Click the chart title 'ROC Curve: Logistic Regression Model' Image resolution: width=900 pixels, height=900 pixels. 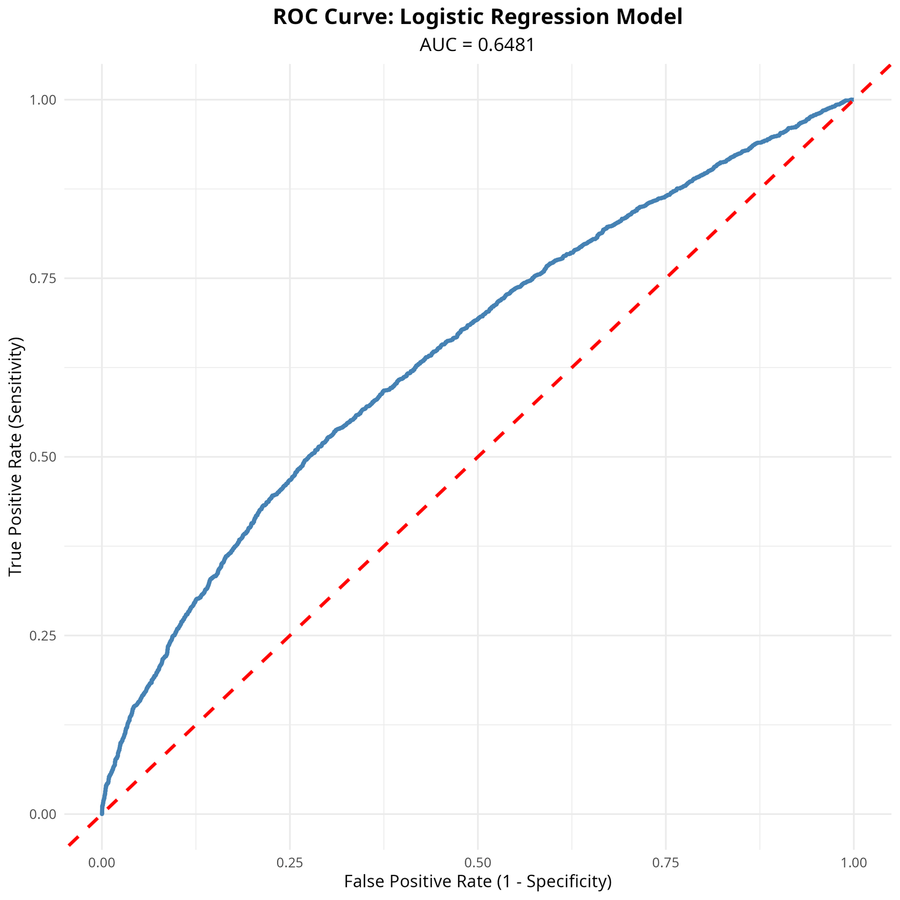click(478, 18)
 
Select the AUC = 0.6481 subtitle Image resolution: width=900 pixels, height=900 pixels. click(478, 45)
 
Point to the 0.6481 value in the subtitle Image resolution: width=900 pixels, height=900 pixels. click(507, 45)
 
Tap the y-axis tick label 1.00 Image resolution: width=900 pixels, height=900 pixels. click(43, 100)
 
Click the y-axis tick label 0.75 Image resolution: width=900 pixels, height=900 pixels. click(43, 278)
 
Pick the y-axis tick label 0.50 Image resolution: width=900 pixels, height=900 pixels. click(43, 457)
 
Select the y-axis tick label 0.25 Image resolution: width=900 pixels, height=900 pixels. click(43, 636)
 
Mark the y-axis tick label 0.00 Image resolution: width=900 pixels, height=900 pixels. click(43, 814)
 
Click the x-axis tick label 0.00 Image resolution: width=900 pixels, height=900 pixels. click(102, 862)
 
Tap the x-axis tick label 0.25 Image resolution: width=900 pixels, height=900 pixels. click(290, 862)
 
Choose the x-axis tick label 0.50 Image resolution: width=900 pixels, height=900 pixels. click(478, 862)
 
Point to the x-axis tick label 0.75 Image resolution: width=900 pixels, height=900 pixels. click(666, 862)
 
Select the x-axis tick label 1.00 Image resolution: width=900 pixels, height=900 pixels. click(854, 862)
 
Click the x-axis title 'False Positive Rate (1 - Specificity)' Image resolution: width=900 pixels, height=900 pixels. click(478, 882)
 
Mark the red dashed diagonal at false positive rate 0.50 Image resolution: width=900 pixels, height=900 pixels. click(478, 457)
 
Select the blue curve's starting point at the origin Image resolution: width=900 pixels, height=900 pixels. click(102, 813)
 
